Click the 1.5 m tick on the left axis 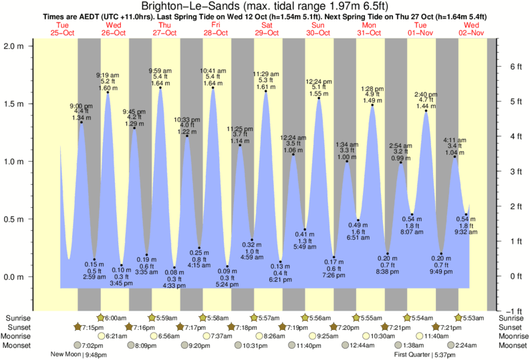click(14, 104)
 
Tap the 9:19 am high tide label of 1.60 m click(108, 81)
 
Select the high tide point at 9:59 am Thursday click(160, 87)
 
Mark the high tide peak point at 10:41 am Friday click(213, 87)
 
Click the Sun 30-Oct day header click(317, 29)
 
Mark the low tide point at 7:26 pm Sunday click(334, 256)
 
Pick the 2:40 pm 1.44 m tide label click(426, 100)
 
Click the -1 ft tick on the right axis click(513, 311)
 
